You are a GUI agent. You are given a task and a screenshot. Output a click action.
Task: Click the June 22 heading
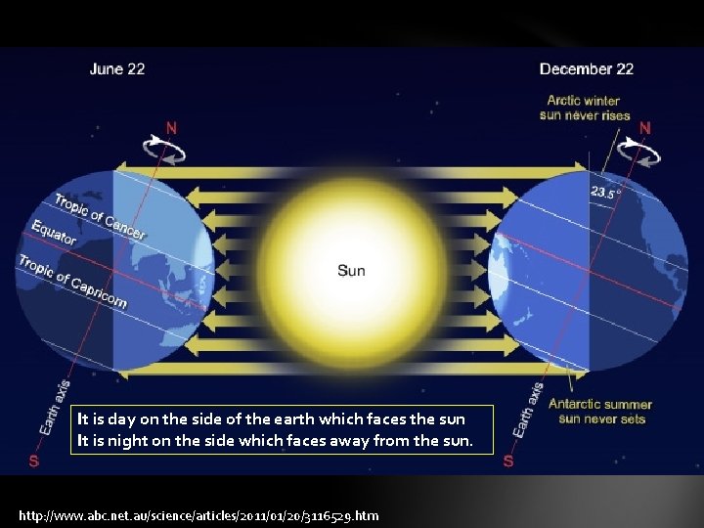click(117, 69)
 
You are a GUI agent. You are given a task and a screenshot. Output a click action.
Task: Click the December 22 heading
click(586, 69)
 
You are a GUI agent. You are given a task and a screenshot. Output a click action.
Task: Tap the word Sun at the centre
click(351, 270)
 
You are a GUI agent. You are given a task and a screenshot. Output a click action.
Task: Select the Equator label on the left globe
click(54, 233)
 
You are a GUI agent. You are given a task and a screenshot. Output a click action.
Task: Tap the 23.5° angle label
click(604, 193)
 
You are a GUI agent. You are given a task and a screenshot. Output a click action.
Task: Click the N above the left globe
click(172, 126)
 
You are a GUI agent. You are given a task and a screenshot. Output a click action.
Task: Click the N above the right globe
click(646, 127)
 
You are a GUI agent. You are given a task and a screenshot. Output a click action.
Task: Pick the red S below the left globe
click(34, 461)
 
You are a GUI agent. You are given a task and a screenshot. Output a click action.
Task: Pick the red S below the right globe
click(507, 461)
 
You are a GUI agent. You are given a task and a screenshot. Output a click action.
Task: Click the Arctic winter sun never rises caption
click(584, 108)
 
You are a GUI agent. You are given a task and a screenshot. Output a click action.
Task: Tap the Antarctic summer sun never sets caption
click(600, 412)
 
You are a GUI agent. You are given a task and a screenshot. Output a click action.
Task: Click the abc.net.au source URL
click(198, 515)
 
